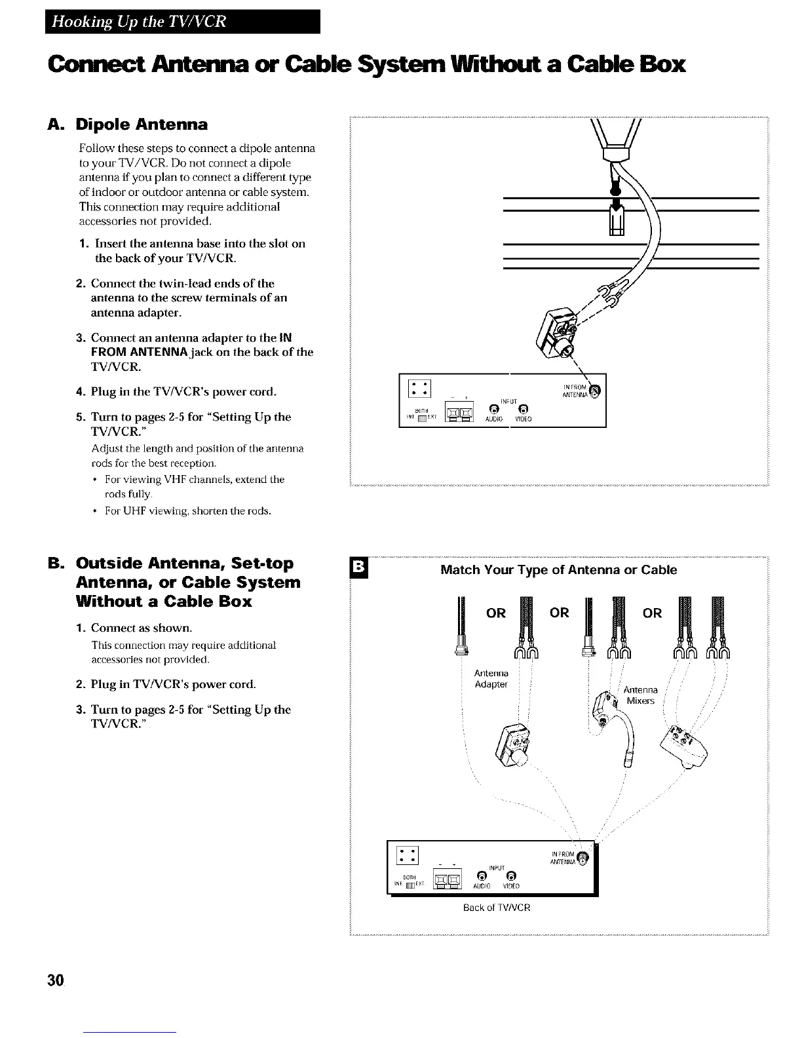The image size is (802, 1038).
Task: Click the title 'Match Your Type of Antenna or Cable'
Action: [x=558, y=569]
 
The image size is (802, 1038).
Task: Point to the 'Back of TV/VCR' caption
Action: [x=496, y=908]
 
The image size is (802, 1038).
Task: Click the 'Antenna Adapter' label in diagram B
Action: [x=491, y=679]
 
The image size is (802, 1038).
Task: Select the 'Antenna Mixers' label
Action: [x=640, y=695]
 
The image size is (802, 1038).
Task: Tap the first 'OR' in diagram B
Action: [x=495, y=613]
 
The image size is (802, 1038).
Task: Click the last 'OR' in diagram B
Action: [x=653, y=613]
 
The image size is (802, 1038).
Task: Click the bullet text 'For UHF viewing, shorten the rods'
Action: [x=188, y=510]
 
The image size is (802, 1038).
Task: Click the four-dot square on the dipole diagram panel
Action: [x=418, y=389]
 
